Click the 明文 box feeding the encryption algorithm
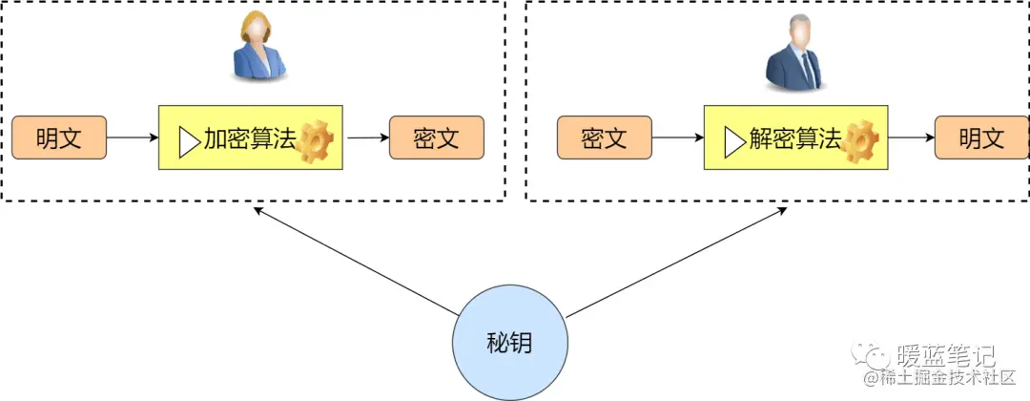tap(59, 138)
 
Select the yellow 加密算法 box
tap(250, 139)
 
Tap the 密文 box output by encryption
tap(437, 138)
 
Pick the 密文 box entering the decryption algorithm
tap(604, 138)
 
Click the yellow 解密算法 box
tap(795, 139)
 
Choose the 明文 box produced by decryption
tap(981, 138)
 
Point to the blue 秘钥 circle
tap(509, 343)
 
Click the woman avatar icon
tap(258, 49)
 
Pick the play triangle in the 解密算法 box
tap(733, 141)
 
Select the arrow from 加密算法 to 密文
tap(366, 138)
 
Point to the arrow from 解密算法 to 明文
tap(910, 138)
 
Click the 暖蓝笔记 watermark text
tap(945, 357)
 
